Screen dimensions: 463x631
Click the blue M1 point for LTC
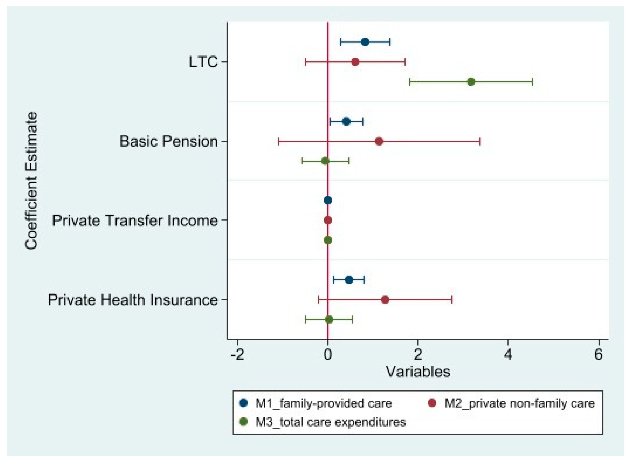pyautogui.click(x=365, y=42)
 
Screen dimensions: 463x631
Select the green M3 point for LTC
pyautogui.click(x=471, y=82)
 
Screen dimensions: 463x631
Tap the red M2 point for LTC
pyautogui.click(x=355, y=62)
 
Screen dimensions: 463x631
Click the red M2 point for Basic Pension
pyautogui.click(x=379, y=141)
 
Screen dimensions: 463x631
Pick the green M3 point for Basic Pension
pyautogui.click(x=325, y=161)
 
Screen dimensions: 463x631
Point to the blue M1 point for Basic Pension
pyautogui.click(x=346, y=122)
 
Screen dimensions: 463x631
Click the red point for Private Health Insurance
pyautogui.click(x=385, y=300)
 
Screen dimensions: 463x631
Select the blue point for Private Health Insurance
pyautogui.click(x=349, y=280)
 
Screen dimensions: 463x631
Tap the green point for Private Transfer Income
pyautogui.click(x=328, y=240)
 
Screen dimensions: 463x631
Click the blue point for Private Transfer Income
pyautogui.click(x=328, y=200)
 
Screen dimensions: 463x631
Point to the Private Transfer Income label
pyautogui.click(x=135, y=221)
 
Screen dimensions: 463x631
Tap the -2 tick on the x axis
pyautogui.click(x=238, y=355)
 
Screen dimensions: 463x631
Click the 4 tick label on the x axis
pyautogui.click(x=508, y=355)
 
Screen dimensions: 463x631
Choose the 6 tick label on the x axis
pyautogui.click(x=598, y=355)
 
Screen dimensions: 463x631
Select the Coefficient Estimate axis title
pyautogui.click(x=31, y=181)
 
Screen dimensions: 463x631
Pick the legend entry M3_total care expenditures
pyautogui.click(x=330, y=422)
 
